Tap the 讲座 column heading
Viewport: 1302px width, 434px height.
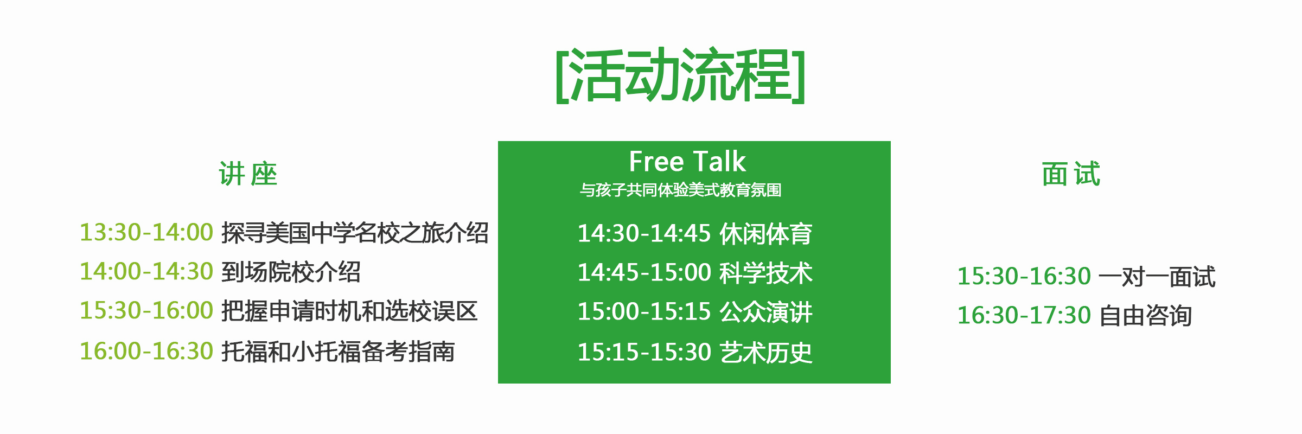248,174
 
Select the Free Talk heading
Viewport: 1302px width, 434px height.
687,161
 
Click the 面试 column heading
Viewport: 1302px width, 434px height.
1071,174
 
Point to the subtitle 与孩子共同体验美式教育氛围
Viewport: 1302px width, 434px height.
680,190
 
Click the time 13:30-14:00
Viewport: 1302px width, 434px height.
146,232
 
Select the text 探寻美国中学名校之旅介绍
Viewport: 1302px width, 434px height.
355,233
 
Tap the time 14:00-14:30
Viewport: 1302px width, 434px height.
146,271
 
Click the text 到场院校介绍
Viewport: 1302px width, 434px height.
291,272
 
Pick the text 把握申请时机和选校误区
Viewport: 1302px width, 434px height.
349,311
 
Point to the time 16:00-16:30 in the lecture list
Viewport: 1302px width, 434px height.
146,350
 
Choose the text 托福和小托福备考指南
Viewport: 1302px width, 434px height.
338,351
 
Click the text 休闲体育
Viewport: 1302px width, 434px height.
766,234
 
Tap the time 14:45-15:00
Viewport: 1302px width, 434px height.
644,272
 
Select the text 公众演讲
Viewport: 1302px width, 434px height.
766,312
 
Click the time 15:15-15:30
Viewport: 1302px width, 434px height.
644,352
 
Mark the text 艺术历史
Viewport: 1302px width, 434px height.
766,353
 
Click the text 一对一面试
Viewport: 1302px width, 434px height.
1157,277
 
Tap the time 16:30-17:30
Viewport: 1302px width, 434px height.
1024,315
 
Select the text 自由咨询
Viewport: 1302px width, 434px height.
1146,316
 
